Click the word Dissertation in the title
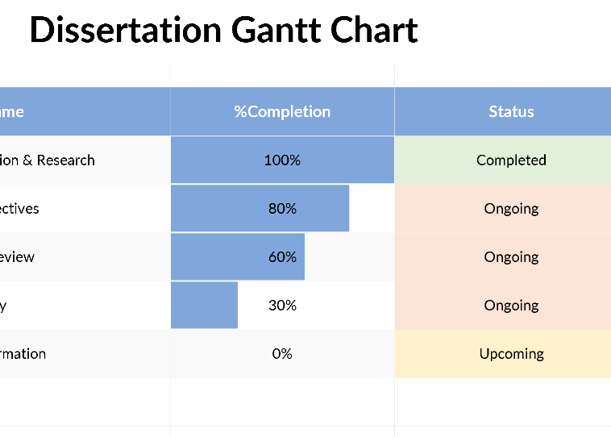(x=125, y=31)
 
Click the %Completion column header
(x=282, y=111)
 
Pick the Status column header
(x=511, y=111)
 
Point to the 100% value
(x=282, y=160)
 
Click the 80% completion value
(x=282, y=209)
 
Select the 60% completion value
(x=282, y=257)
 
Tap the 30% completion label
(x=282, y=306)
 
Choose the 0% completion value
(x=282, y=354)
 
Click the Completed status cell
(x=511, y=160)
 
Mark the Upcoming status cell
(x=511, y=354)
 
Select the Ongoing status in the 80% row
(x=511, y=209)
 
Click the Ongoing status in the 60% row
(x=511, y=257)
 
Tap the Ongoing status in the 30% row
(x=511, y=306)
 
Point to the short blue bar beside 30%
(x=204, y=306)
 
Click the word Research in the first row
(x=66, y=160)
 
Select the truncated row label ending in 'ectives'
(x=19, y=209)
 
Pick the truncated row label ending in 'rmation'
(x=23, y=354)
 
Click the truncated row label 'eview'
(x=17, y=257)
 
